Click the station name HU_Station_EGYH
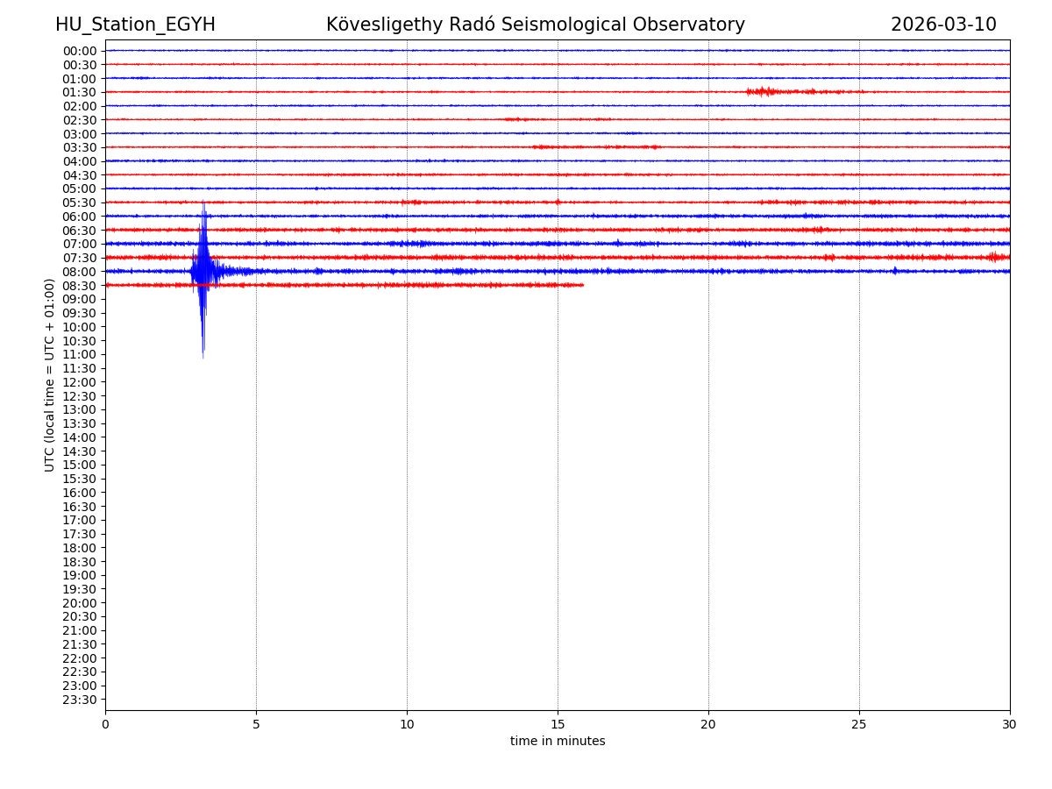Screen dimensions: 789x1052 click(135, 25)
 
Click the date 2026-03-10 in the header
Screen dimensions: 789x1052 click(943, 25)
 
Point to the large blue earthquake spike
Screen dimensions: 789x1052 click(203, 272)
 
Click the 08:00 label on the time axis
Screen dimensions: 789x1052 click(80, 272)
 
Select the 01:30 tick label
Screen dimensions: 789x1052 click(80, 92)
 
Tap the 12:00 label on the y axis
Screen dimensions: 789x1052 click(80, 382)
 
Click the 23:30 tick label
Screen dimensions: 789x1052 click(80, 700)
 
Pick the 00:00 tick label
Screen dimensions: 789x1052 click(80, 51)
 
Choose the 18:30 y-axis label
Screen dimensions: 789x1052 click(80, 562)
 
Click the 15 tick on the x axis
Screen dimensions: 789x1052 click(558, 724)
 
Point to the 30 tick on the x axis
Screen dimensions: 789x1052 click(1010, 724)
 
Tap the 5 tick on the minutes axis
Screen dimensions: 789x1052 click(256, 724)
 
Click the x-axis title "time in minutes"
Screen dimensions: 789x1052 click(558, 742)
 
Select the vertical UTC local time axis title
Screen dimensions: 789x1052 click(51, 375)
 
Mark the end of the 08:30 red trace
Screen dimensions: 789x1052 click(583, 285)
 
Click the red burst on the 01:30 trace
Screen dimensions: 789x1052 click(764, 91)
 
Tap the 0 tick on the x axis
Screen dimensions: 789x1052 click(105, 724)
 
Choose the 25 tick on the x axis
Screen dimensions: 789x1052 click(859, 724)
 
